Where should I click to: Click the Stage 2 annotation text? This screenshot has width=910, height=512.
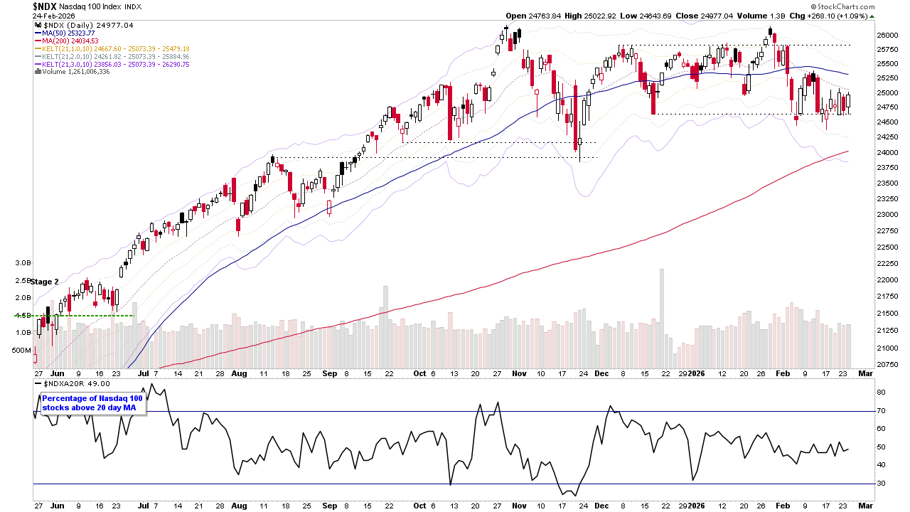[x=44, y=282]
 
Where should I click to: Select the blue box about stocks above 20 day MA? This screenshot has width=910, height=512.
[x=92, y=402]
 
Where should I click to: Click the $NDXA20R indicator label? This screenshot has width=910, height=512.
[x=67, y=383]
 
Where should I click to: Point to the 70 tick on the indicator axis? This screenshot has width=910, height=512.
[x=879, y=410]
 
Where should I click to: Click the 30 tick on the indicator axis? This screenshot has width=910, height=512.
[x=879, y=484]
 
